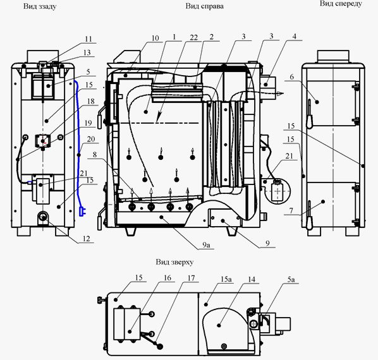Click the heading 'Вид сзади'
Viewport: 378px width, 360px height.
click(40, 6)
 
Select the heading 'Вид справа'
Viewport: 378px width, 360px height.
click(204, 6)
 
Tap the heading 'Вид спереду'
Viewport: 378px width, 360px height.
click(341, 4)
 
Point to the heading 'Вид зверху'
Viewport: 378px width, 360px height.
click(174, 261)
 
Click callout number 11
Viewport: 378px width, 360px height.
click(88, 39)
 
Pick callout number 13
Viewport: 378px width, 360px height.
click(87, 52)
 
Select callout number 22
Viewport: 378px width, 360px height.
click(193, 37)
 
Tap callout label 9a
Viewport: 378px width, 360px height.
click(206, 245)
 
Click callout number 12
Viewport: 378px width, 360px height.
click(86, 239)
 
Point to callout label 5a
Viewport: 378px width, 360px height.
click(291, 279)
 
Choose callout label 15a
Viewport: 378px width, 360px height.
click(226, 279)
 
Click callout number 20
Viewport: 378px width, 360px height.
click(91, 139)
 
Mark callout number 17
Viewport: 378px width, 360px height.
click(191, 278)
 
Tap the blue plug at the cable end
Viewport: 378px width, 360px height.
click(82, 212)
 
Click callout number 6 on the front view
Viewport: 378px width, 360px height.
click(292, 77)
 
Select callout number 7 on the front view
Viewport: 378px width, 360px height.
click(291, 211)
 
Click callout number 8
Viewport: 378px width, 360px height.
click(95, 154)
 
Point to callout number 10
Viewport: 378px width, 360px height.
click(155, 38)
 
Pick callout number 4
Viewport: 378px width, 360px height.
click(294, 37)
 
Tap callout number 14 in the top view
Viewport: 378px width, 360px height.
click(252, 279)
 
